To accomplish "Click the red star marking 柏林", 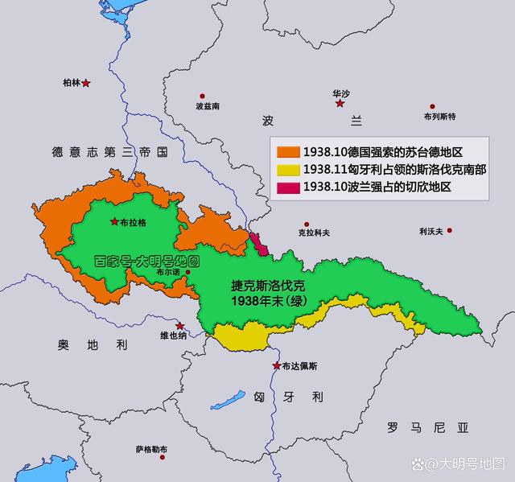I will (86, 83).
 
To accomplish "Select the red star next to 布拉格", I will (114, 221).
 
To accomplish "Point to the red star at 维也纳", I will (181, 326).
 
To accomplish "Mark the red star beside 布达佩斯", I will (276, 366).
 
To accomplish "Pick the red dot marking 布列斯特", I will (432, 105).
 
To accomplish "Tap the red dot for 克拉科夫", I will (305, 225).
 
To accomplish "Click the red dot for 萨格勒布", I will (163, 457).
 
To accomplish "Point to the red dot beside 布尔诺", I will (187, 273).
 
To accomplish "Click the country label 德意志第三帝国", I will (109, 151).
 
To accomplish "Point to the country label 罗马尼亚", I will (426, 426).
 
